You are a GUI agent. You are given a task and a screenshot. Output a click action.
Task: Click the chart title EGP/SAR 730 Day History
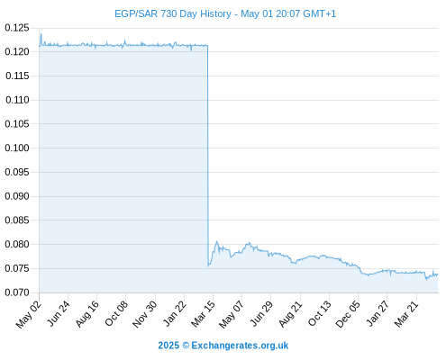(173, 13)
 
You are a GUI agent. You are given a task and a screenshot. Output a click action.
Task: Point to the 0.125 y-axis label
(17, 28)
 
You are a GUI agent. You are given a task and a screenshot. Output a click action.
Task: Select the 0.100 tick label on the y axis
(17, 148)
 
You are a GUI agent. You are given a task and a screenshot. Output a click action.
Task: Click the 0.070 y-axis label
(17, 292)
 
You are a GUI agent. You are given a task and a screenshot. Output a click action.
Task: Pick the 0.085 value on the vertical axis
(17, 220)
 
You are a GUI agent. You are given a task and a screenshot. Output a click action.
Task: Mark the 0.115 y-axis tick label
(17, 76)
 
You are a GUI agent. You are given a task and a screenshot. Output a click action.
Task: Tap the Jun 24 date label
(59, 313)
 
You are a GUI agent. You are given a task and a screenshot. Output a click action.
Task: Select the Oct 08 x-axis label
(116, 313)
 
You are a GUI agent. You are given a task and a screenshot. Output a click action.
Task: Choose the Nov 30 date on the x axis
(144, 314)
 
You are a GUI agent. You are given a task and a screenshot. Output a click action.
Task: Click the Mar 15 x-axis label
(203, 314)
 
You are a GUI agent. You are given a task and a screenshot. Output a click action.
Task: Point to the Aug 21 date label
(290, 314)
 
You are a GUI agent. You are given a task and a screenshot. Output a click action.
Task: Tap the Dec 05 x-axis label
(348, 314)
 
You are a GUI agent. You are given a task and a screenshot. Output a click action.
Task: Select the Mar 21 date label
(406, 314)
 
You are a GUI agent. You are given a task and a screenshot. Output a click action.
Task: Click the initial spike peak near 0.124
(41, 33)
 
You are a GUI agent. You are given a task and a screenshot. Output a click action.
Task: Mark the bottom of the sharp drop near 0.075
(208, 265)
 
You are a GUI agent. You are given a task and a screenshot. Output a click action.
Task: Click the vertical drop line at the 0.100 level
(207, 148)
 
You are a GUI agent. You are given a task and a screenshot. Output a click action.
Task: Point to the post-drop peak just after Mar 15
(216, 241)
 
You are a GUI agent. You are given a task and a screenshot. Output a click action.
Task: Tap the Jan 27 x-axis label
(378, 314)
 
